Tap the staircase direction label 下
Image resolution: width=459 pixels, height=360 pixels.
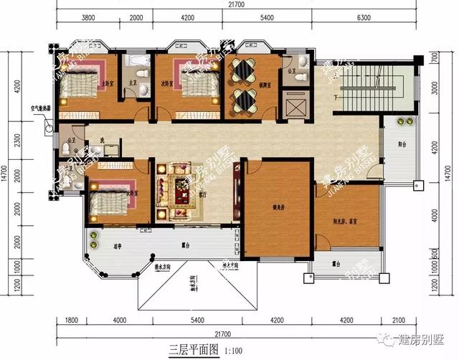pos(336,96)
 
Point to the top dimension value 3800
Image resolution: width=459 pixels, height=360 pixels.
pos(90,17)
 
